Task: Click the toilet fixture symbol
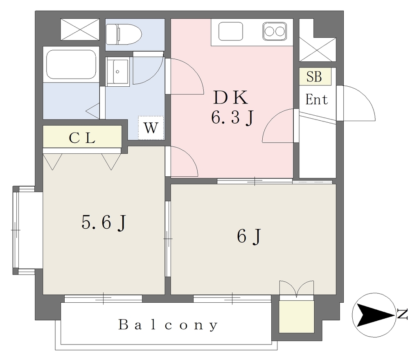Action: (124, 34)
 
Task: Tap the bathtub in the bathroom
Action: (71, 64)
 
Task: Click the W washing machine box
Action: (151, 128)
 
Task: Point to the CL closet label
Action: (82, 138)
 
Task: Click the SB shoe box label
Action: (314, 76)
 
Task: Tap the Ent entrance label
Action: (317, 100)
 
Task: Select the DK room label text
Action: (231, 97)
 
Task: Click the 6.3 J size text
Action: (232, 117)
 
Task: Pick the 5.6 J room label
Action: (104, 223)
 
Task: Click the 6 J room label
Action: (248, 236)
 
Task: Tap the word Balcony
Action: (168, 325)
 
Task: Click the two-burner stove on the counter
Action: (275, 32)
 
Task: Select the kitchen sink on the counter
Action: (231, 32)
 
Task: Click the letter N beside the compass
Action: (402, 314)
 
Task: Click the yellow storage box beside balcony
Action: (297, 317)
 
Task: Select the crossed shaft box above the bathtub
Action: (80, 29)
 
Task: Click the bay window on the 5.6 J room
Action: (24, 230)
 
